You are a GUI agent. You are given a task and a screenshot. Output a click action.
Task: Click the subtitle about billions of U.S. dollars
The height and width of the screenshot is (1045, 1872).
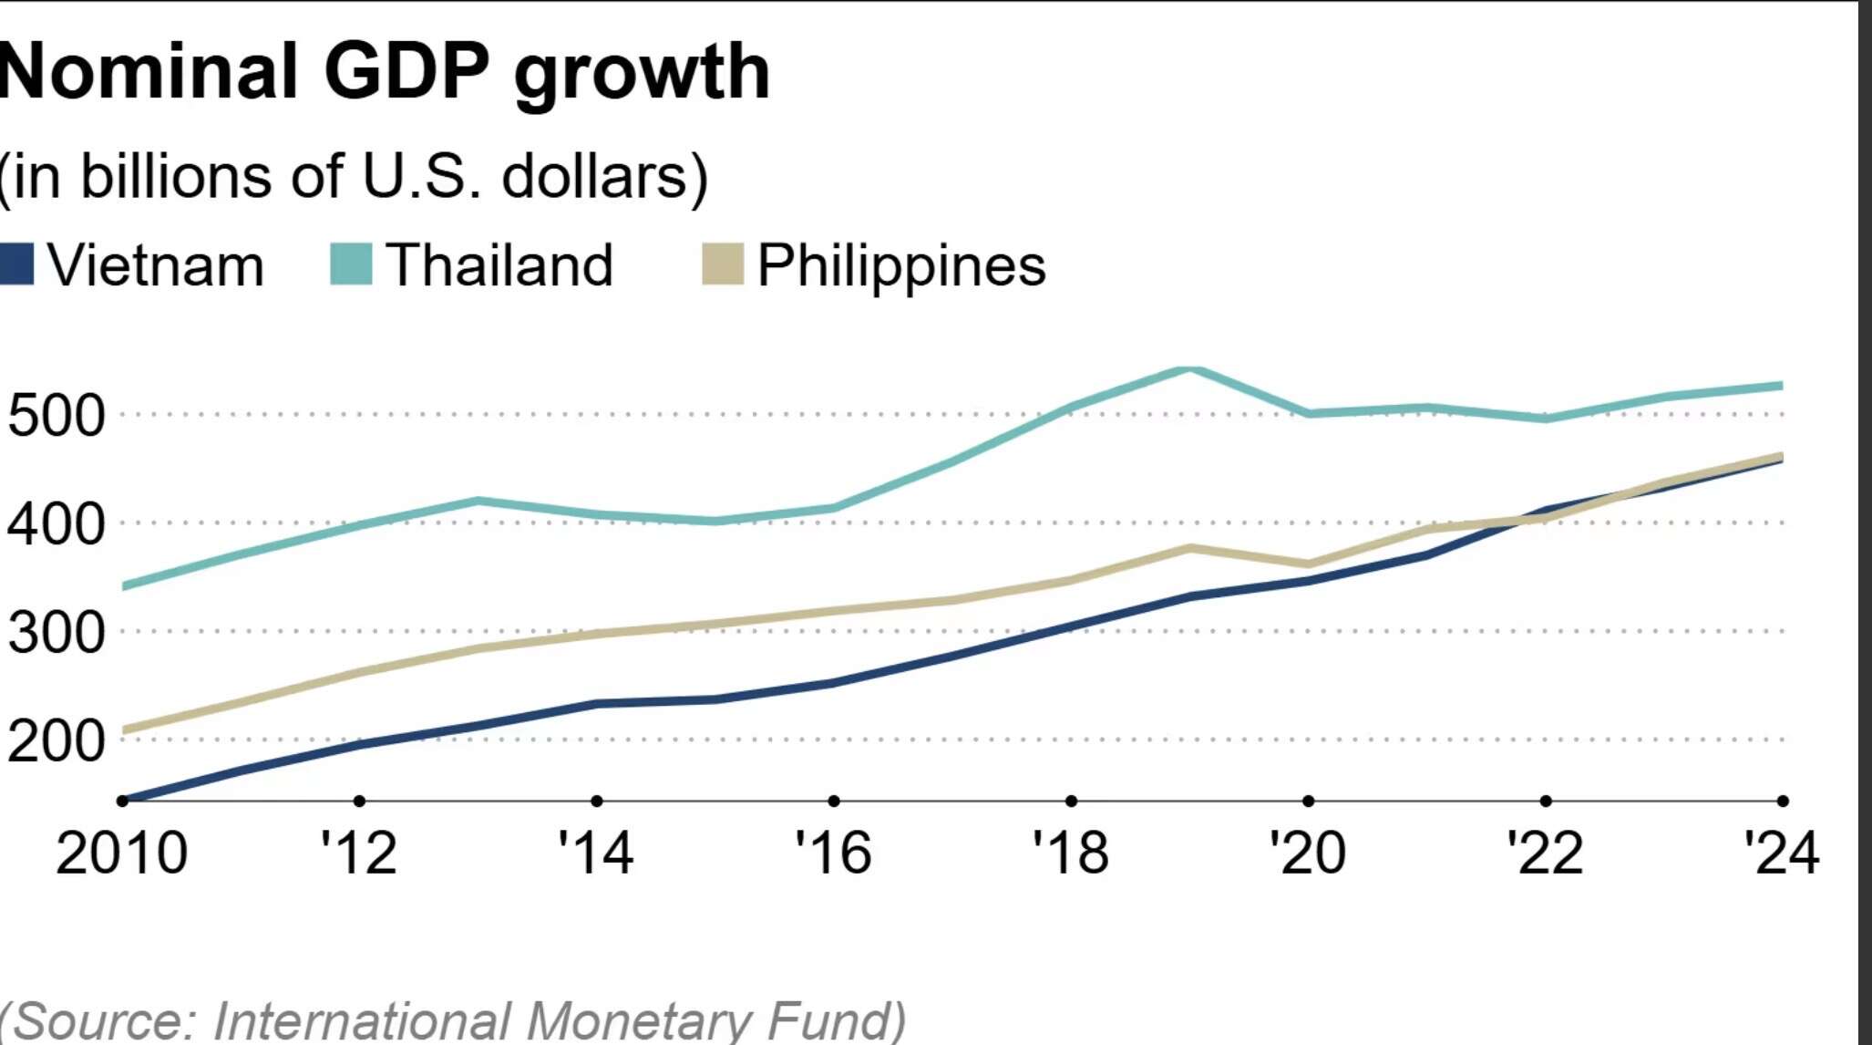click(x=354, y=176)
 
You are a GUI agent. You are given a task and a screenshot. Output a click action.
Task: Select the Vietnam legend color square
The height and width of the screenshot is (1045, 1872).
click(x=16, y=264)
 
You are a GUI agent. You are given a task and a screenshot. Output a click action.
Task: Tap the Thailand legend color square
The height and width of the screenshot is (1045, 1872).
click(x=351, y=264)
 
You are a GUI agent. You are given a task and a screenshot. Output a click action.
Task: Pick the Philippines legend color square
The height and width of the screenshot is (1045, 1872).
click(x=723, y=264)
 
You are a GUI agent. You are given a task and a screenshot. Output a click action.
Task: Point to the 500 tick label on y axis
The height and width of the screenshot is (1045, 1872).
click(x=57, y=416)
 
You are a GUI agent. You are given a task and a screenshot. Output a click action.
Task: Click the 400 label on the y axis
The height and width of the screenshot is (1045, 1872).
click(x=57, y=524)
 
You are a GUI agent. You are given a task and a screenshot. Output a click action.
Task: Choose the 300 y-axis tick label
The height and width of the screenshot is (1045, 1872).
click(x=57, y=632)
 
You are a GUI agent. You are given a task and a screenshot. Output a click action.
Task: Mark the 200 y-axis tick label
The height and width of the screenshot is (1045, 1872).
click(x=57, y=740)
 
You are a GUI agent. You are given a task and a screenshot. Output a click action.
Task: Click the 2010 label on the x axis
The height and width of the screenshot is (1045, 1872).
click(x=121, y=854)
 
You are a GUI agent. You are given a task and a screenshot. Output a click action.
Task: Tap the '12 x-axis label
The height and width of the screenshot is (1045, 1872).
click(x=359, y=854)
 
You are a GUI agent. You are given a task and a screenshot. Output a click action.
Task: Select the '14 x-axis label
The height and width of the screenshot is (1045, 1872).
click(x=596, y=854)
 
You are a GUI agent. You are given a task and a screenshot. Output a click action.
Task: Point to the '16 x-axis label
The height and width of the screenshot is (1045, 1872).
click(x=833, y=854)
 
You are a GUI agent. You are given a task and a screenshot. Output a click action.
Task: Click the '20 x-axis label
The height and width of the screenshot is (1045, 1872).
click(x=1308, y=854)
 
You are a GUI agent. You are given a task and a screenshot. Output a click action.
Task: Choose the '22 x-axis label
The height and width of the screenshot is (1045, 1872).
click(x=1545, y=854)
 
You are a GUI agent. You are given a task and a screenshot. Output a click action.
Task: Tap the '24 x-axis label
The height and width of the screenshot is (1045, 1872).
click(x=1782, y=854)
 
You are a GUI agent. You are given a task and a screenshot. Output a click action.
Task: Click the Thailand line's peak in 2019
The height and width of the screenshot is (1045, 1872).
click(x=1189, y=368)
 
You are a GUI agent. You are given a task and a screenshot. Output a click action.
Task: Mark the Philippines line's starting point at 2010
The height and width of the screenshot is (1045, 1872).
click(x=125, y=729)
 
